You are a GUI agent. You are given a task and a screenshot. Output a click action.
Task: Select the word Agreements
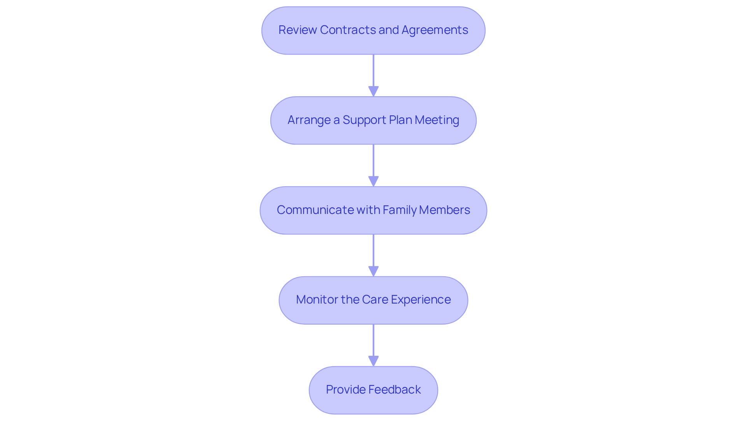[435, 30]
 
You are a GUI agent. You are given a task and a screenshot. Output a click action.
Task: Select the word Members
[444, 210]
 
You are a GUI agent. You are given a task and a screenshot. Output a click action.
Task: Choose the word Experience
[421, 300]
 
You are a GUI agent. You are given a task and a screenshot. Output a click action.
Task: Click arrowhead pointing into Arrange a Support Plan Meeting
[373, 91]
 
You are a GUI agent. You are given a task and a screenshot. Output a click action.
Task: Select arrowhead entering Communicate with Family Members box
[373, 181]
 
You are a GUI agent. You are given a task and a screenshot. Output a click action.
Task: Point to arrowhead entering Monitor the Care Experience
[373, 271]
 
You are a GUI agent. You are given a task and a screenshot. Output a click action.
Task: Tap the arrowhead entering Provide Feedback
[373, 361]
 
